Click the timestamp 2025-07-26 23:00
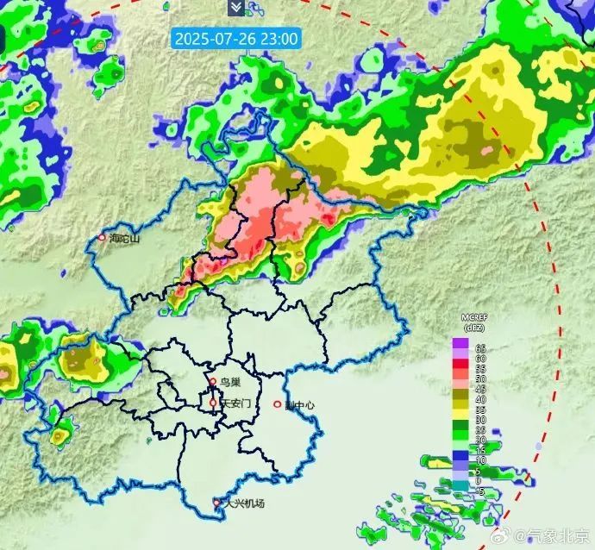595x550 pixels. click(235, 38)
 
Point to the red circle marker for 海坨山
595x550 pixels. click(102, 238)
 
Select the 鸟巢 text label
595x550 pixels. click(229, 381)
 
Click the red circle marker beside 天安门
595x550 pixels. click(213, 403)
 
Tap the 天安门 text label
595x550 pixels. click(235, 403)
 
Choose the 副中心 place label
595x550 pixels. click(299, 403)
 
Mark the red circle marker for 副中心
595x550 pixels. click(278, 403)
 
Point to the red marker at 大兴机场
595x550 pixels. click(217, 502)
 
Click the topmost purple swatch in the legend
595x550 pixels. click(460, 343)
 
